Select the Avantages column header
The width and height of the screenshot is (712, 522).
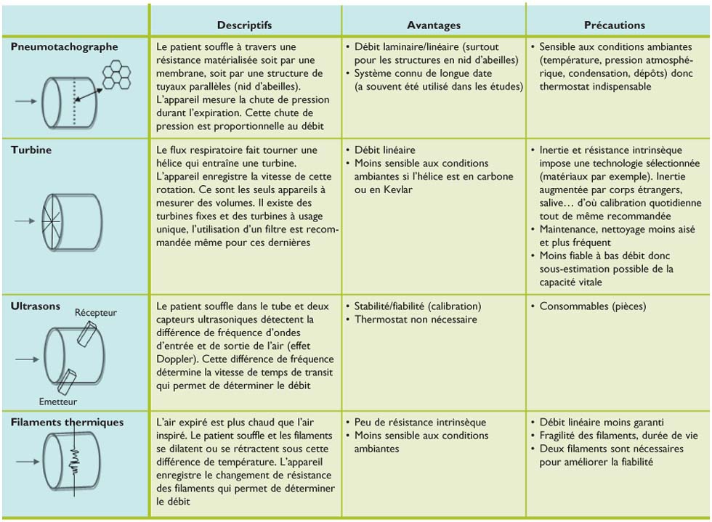pos(433,25)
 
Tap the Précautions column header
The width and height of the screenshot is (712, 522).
pos(618,25)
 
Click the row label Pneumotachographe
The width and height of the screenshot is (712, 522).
pos(65,46)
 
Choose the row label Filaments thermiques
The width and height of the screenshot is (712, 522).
pos(68,422)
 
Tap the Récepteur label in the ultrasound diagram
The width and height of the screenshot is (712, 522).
pos(95,313)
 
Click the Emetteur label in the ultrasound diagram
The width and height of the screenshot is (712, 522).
pos(58,401)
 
